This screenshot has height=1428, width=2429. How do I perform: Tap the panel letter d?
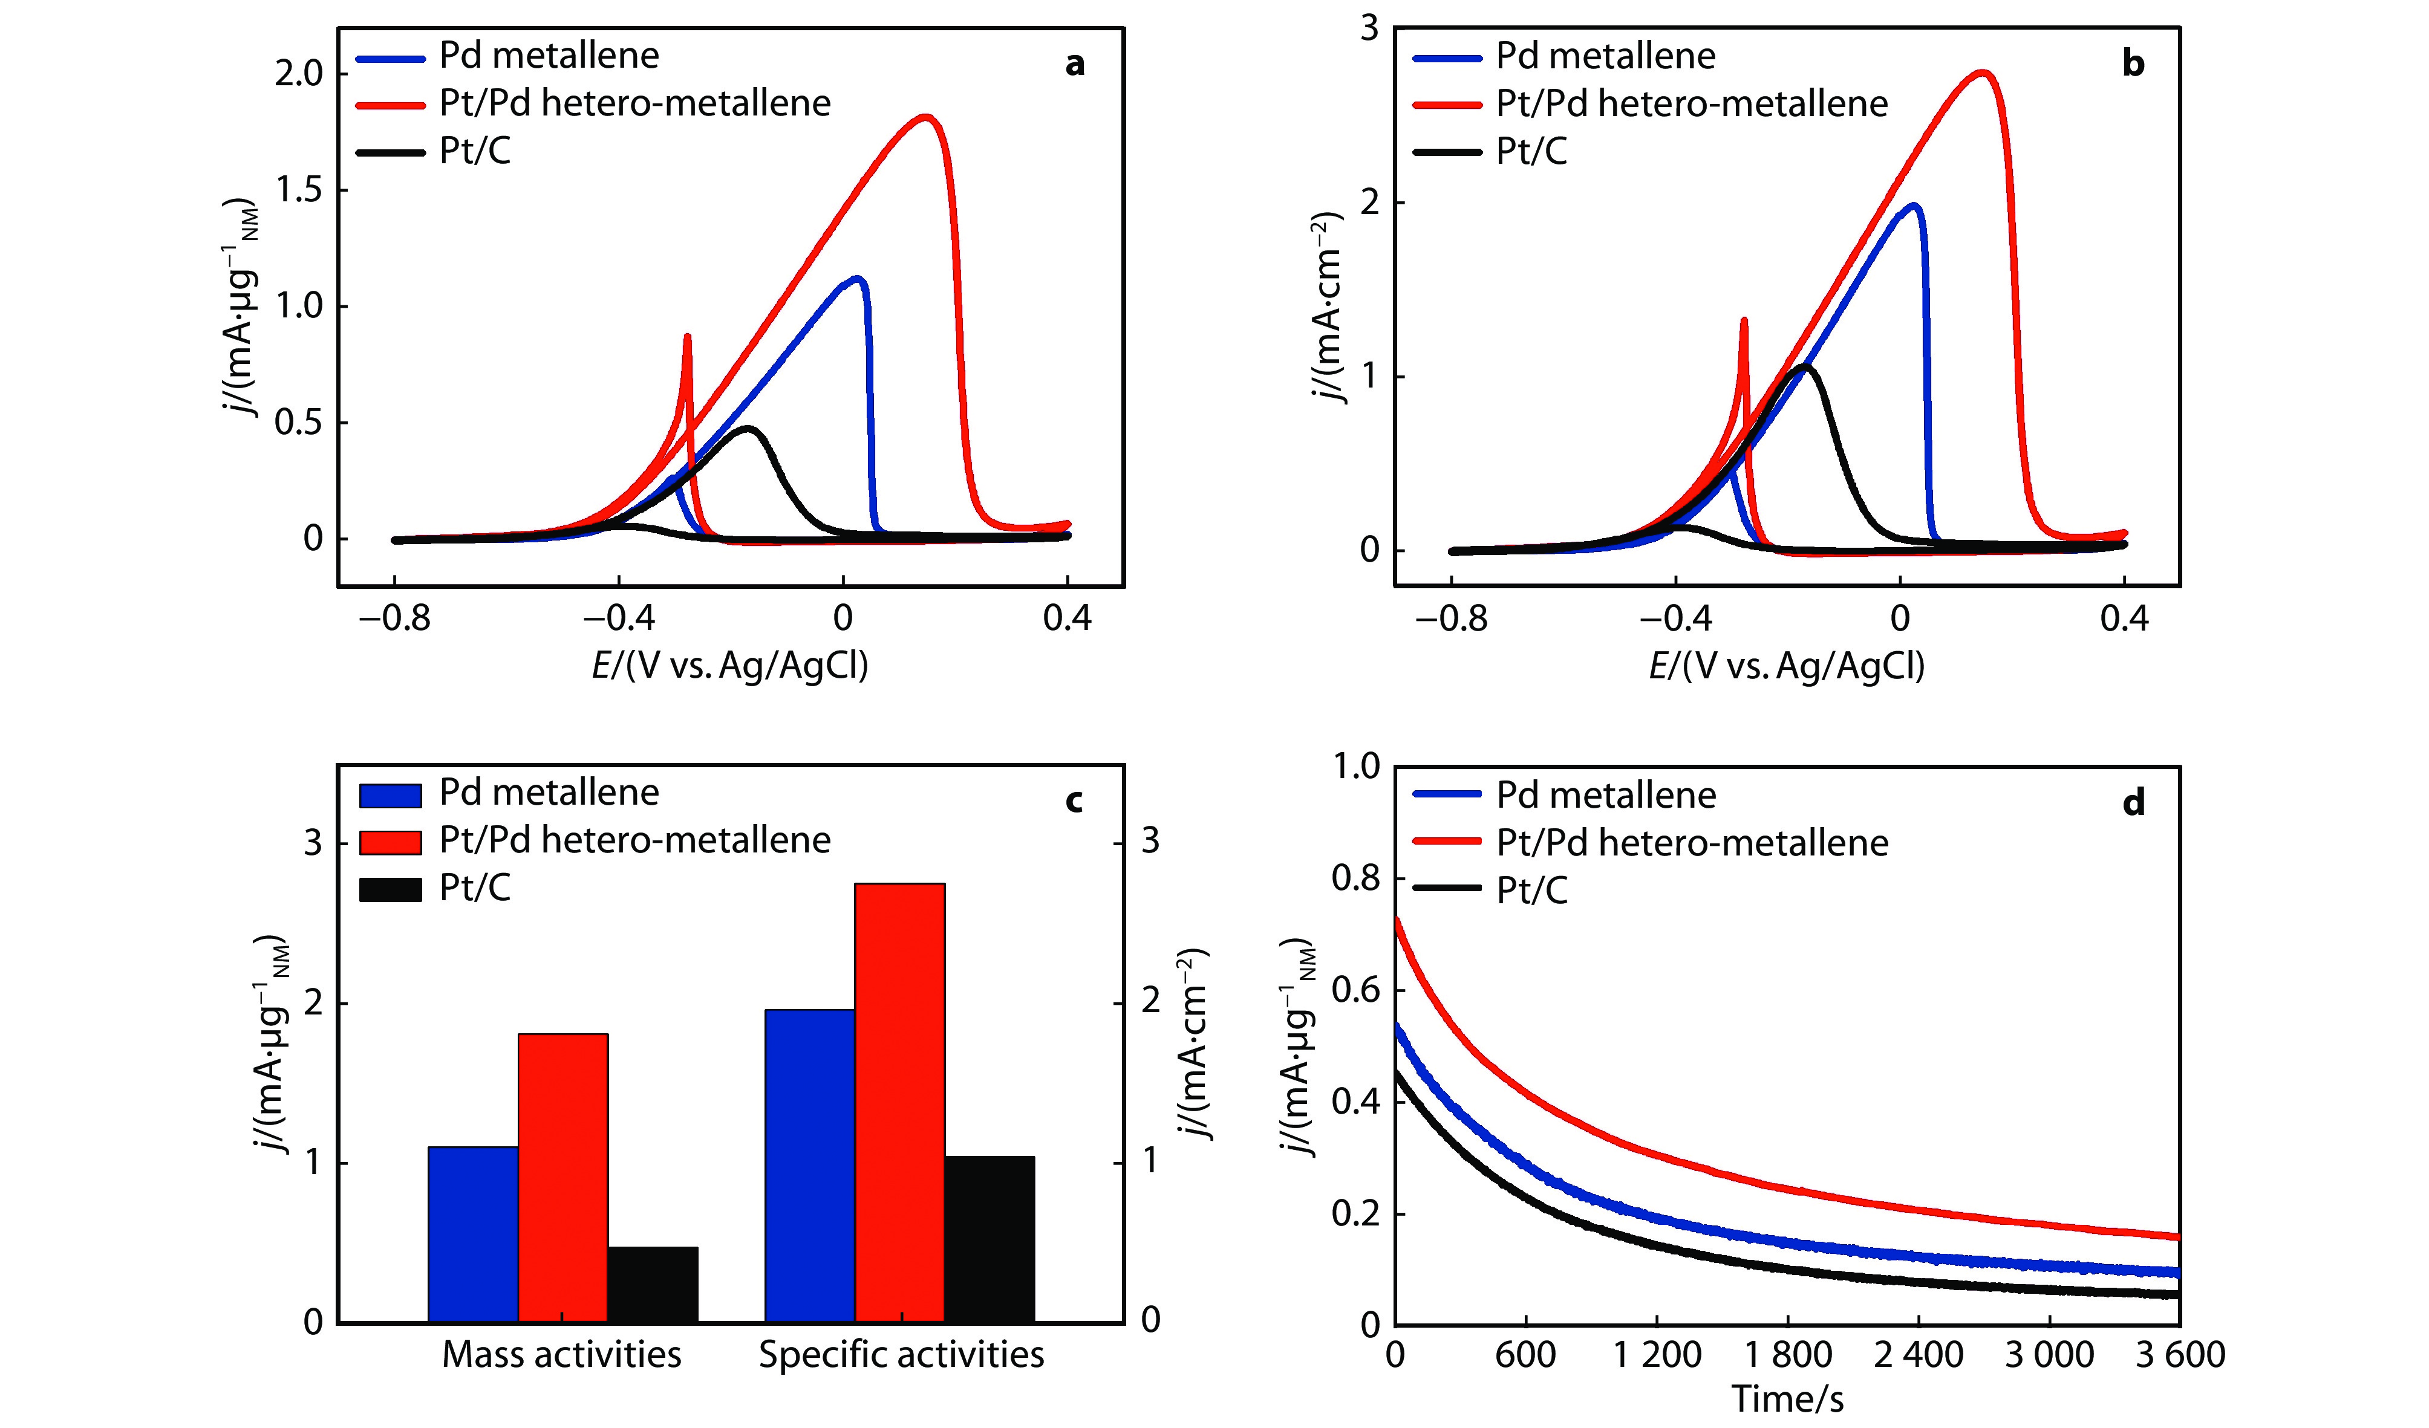click(2133, 803)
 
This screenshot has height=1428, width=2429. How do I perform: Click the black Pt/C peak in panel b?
click(1804, 367)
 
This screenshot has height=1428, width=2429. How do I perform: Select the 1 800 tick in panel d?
click(1788, 1355)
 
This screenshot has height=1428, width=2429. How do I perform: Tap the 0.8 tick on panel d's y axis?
click(1355, 879)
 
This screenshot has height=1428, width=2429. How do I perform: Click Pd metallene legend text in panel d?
click(1606, 795)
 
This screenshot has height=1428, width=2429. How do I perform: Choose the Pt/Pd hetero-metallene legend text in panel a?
click(634, 103)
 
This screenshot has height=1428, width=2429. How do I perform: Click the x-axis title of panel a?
click(729, 665)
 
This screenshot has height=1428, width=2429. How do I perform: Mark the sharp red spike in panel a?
click(687, 337)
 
